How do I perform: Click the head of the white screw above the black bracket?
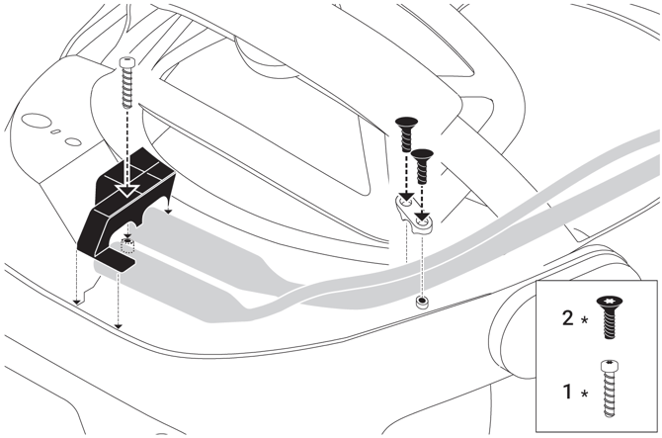(127, 61)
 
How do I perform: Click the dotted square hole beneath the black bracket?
(126, 245)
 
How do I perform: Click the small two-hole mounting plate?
(412, 213)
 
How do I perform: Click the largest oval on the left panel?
(37, 121)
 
